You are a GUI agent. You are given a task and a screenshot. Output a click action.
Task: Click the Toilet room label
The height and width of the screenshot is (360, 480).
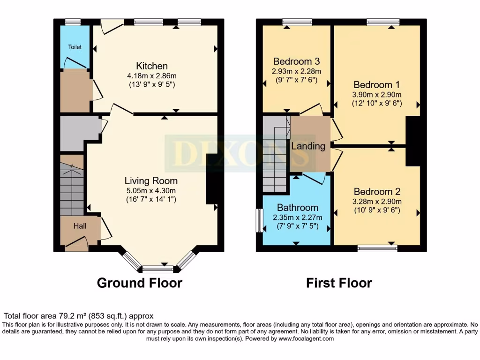[x=75, y=47]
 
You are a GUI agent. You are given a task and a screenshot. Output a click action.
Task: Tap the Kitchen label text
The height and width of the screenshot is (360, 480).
[x=152, y=66]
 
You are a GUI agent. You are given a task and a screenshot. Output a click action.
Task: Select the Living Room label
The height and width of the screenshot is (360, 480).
[x=151, y=180]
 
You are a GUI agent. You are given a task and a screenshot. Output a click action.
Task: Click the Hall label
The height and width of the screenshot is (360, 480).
[x=80, y=226]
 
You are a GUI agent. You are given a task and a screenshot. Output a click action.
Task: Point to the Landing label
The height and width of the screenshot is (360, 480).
[x=308, y=146]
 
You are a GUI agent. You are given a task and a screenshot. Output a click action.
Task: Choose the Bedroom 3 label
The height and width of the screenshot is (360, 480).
[x=296, y=61]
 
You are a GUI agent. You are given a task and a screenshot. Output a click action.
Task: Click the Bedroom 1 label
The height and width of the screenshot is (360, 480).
[x=376, y=85]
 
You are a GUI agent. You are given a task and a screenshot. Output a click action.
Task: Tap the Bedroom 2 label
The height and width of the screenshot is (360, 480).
[x=377, y=192]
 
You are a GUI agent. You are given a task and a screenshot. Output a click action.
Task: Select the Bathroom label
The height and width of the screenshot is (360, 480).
[x=297, y=207]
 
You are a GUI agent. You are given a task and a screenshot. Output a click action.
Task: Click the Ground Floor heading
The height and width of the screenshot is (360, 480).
[x=139, y=283]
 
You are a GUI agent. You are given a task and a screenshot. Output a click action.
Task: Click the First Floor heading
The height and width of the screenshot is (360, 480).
[x=339, y=283]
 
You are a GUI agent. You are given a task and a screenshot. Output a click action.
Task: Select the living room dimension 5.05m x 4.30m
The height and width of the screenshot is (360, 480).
[x=151, y=190]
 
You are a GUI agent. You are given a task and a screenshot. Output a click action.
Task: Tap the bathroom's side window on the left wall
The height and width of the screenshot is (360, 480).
[x=259, y=220]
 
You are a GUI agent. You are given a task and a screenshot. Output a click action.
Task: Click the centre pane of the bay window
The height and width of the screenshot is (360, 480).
[x=157, y=269]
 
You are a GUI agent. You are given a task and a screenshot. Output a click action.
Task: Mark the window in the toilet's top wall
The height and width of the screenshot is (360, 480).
[x=73, y=22]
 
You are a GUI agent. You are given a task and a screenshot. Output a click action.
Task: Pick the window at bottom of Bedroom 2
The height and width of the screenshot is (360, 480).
[x=377, y=248]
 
